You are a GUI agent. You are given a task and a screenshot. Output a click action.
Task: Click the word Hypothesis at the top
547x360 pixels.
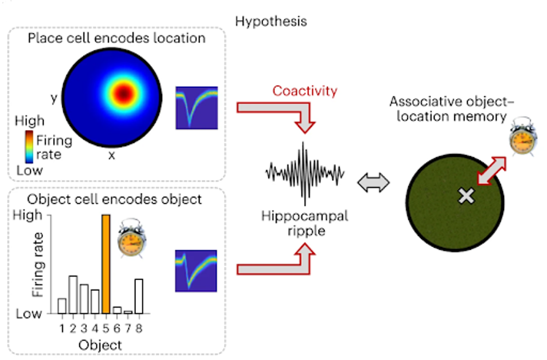[x=271, y=22]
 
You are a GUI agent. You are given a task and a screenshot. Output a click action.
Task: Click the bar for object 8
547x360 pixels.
[x=139, y=296]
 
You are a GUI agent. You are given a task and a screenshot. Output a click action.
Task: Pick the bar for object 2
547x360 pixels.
[x=73, y=294]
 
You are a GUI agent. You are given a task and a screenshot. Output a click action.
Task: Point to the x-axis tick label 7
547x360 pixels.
[x=128, y=328]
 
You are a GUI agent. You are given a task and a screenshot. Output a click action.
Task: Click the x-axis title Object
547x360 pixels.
[x=101, y=345]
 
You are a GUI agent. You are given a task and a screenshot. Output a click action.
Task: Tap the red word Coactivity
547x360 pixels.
[x=305, y=91]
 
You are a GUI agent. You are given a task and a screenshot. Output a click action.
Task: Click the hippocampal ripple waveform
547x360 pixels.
[x=305, y=171]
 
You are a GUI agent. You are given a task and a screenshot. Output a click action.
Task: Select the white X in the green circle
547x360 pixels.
[x=467, y=196]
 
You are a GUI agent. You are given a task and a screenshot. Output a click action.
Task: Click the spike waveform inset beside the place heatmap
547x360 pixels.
[x=196, y=107]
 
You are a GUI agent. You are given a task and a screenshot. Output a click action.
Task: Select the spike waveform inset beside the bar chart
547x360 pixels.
[x=195, y=270]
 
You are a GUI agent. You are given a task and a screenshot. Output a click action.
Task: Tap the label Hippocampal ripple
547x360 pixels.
[x=304, y=223]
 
